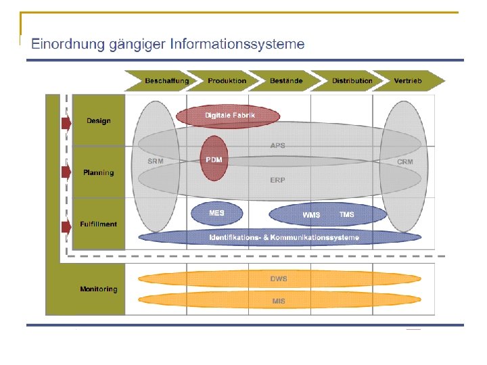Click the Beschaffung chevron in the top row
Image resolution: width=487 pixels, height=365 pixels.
coord(166,81)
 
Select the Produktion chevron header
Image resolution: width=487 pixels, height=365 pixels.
coord(227,81)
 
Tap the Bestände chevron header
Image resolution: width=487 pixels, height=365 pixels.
coord(286,81)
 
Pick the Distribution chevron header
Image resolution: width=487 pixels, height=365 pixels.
coord(352,81)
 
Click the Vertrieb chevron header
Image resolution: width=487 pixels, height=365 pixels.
coord(408,81)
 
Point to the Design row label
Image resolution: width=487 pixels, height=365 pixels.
coord(99,121)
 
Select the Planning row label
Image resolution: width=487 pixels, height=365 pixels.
coord(99,172)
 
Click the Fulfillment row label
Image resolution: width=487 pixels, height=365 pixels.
coord(99,224)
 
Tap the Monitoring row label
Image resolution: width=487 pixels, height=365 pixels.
coord(99,289)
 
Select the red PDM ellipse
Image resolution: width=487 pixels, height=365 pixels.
coord(214,160)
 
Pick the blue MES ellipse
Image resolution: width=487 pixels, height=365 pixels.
coord(216,213)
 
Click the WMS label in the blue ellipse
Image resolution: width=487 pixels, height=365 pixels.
coord(311,215)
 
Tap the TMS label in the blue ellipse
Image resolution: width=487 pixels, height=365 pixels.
coord(346,215)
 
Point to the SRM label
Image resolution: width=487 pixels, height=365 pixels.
coord(155,162)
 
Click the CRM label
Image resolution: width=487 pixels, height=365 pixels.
coord(404,162)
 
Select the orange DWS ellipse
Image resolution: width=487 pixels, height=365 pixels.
coord(279,278)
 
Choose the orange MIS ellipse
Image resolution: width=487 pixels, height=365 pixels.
coord(279,301)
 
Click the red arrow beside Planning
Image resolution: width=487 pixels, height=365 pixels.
coord(66,172)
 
